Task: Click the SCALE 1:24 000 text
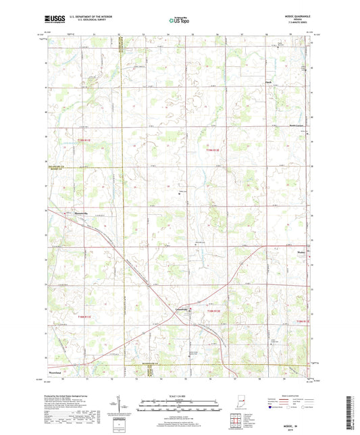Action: (180, 395)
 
